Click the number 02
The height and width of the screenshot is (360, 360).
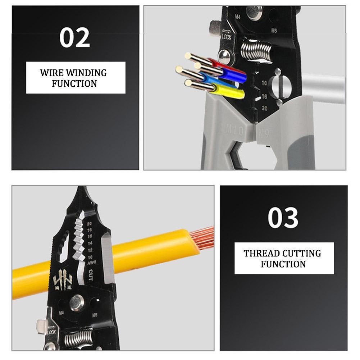75,38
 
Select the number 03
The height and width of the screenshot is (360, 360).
283,218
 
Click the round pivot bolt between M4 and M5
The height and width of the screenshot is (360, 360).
77,302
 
